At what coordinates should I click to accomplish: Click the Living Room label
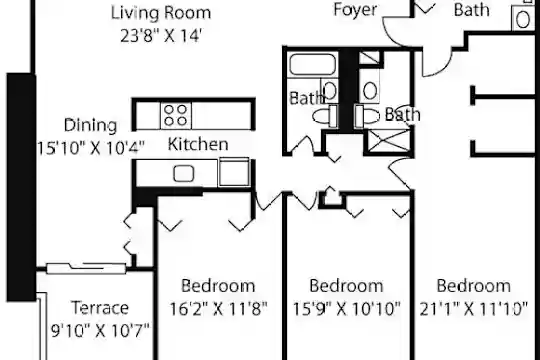point(161,13)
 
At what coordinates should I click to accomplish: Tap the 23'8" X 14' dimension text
point(161,35)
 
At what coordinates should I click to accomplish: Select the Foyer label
point(355,10)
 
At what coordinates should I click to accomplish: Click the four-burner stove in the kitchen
point(176,115)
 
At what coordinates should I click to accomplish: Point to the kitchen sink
point(184,173)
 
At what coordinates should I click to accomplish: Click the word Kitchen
point(198,144)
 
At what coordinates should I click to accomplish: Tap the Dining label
point(91,125)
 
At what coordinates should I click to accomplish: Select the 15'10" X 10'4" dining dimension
point(90,148)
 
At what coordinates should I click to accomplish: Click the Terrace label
point(100,308)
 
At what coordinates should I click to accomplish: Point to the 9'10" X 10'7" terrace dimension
point(100,330)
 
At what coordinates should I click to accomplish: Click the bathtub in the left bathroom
point(312,64)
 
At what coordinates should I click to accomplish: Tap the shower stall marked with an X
point(389,141)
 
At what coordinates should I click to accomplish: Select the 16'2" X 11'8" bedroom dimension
point(218,309)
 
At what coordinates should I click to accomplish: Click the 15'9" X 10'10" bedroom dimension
point(346,309)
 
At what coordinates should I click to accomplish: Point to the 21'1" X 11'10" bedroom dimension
point(474,309)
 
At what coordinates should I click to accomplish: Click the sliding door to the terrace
point(86,268)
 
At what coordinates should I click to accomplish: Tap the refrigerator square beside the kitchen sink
point(234,172)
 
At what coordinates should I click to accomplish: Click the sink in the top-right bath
point(523,19)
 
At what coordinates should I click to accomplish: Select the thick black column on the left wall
point(21,187)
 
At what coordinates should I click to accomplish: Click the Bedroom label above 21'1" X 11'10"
point(474,286)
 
